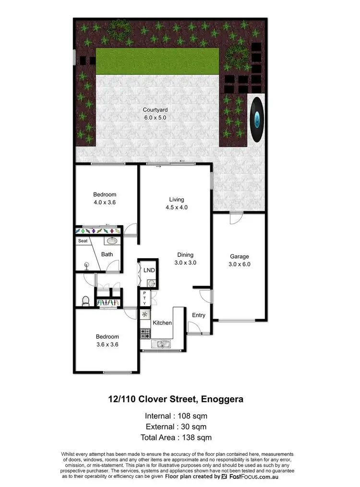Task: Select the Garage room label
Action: (240, 256)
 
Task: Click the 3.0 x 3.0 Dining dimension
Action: (185, 262)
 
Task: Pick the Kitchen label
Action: (162, 323)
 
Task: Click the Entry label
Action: (199, 315)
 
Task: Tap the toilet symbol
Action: (85, 301)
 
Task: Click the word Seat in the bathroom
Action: (83, 241)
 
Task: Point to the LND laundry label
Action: (149, 270)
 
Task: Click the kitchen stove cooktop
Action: (145, 332)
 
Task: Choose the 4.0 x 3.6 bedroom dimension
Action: (105, 202)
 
